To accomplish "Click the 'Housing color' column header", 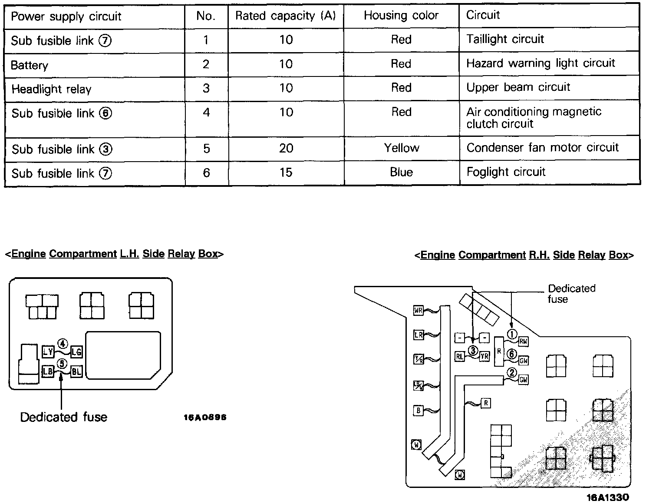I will pyautogui.click(x=401, y=16).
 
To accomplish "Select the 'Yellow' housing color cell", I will pyautogui.click(x=402, y=148).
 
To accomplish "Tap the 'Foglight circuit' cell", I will pyautogui.click(x=506, y=172).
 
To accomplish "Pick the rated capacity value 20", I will pyautogui.click(x=286, y=149).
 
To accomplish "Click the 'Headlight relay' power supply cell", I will pyautogui.click(x=51, y=90).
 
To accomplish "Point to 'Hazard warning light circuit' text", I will pyautogui.click(x=541, y=63).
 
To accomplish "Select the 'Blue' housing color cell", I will pyautogui.click(x=401, y=172).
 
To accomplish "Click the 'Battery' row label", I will pyautogui.click(x=30, y=66).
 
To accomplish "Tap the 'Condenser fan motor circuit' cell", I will pyautogui.click(x=542, y=148).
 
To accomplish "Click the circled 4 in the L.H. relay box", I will pyautogui.click(x=63, y=344).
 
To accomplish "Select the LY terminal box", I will pyautogui.click(x=48, y=351).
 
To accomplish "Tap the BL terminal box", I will pyautogui.click(x=76, y=371).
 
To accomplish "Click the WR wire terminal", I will pyautogui.click(x=418, y=311).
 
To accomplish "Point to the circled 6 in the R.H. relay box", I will pyautogui.click(x=512, y=354).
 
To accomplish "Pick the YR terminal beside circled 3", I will pyautogui.click(x=484, y=356).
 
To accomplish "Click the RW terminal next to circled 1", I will pyautogui.click(x=524, y=342).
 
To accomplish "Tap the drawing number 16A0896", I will pyautogui.click(x=205, y=418).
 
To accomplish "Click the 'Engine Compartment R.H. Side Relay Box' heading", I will pyautogui.click(x=524, y=255).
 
